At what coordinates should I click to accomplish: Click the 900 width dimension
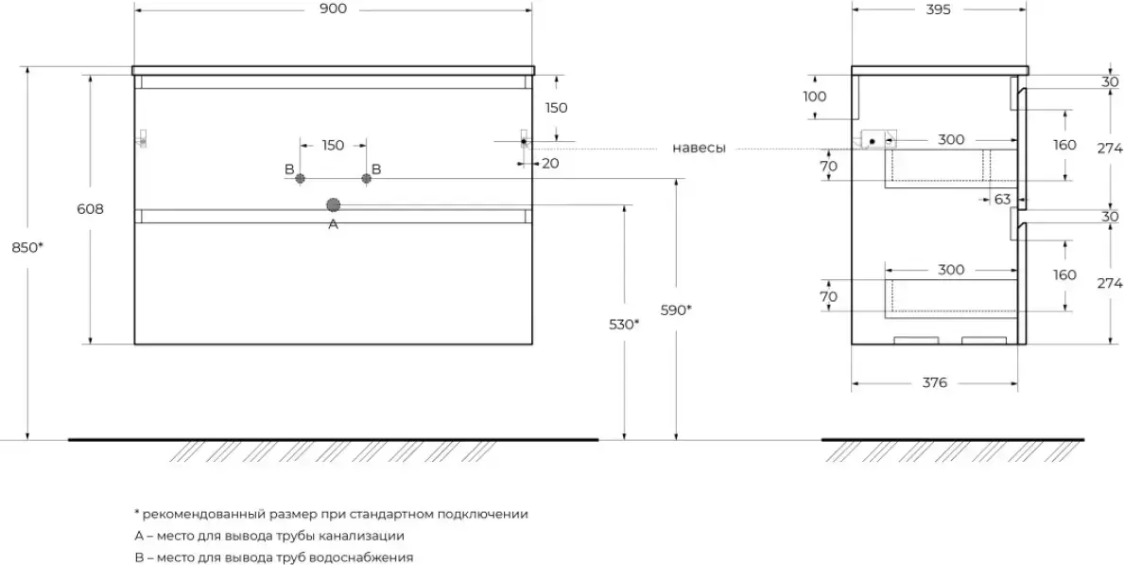[334, 9]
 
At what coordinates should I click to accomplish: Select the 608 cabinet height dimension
[91, 210]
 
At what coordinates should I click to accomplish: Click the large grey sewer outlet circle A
[333, 205]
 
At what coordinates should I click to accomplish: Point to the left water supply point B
[301, 178]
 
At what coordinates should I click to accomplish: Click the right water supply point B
[366, 178]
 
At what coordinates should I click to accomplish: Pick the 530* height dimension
[625, 324]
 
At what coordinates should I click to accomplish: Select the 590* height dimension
[676, 310]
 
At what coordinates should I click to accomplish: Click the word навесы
[699, 149]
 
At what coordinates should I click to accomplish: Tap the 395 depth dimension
[939, 9]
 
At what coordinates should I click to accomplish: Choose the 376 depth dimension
[935, 383]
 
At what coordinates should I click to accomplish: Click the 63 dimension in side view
[1002, 199]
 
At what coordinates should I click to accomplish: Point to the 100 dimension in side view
[815, 97]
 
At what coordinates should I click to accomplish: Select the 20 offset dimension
[550, 164]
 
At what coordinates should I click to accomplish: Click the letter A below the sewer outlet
[333, 224]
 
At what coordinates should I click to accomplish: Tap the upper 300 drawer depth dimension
[951, 139]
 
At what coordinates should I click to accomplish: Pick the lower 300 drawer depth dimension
[951, 270]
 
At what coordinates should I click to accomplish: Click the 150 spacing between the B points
[333, 145]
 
